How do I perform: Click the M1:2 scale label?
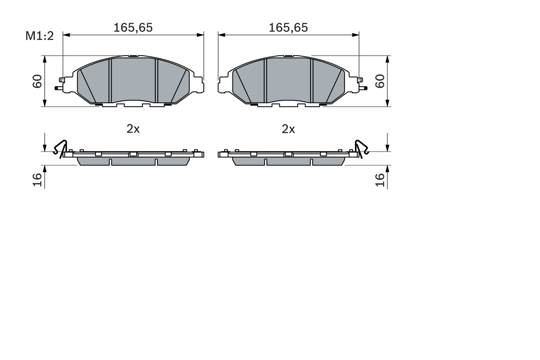[x=40, y=36]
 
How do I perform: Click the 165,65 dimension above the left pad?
[x=133, y=28]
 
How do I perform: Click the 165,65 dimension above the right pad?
[x=288, y=28]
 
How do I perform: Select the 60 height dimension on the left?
[x=38, y=81]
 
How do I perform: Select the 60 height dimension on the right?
[x=380, y=81]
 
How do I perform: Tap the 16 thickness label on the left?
[x=38, y=180]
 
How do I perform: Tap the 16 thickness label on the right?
[x=380, y=180]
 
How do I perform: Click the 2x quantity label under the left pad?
[x=133, y=129]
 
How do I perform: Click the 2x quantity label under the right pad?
[x=288, y=129]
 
